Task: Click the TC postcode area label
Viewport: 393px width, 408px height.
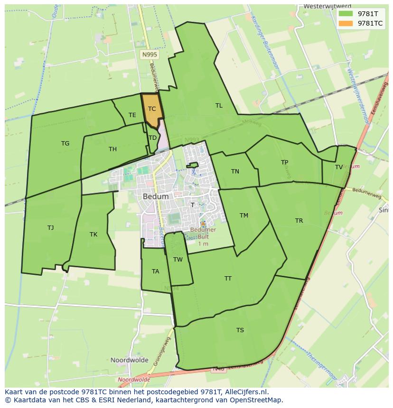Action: [152, 109]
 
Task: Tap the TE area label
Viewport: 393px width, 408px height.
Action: [132, 115]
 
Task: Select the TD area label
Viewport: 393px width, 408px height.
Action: [152, 138]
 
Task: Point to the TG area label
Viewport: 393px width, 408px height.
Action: [65, 143]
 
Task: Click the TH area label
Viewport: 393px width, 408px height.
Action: [112, 149]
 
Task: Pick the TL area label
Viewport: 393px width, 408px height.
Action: [219, 106]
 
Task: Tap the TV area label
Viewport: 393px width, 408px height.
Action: [339, 167]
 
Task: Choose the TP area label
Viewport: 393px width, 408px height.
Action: [284, 162]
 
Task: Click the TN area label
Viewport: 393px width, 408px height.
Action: [235, 171]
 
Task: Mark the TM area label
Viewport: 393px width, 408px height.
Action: [244, 215]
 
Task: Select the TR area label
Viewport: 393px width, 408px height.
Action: [299, 221]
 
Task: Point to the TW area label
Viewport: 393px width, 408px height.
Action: [178, 259]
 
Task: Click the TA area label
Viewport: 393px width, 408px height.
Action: [156, 271]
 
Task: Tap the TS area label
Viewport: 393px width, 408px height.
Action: [240, 330]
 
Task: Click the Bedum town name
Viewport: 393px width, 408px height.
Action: [156, 196]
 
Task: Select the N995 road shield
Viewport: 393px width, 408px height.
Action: [150, 55]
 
